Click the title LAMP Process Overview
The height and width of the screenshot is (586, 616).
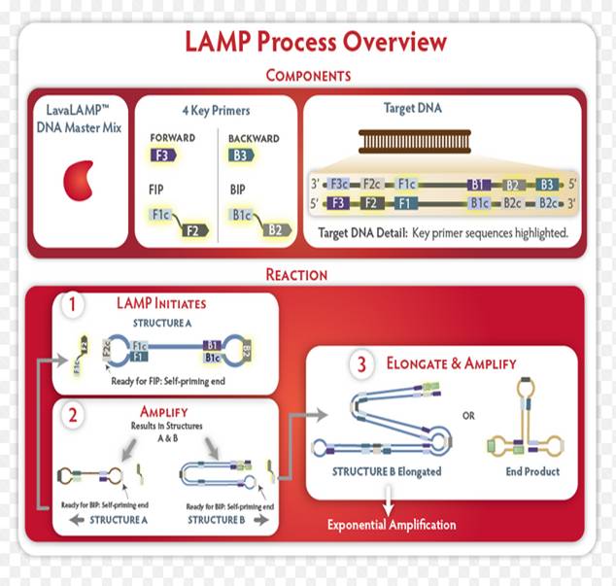click(316, 43)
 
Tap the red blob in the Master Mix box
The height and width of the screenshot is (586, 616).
click(78, 184)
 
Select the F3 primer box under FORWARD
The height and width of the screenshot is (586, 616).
click(160, 154)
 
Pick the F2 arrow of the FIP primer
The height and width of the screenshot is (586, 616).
click(192, 229)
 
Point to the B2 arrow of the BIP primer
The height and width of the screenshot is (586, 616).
click(274, 229)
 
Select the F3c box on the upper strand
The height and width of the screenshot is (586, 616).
click(339, 183)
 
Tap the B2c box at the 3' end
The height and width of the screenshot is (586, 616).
click(548, 203)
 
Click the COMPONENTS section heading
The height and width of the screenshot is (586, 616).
click(308, 76)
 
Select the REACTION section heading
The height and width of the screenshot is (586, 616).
click(308, 274)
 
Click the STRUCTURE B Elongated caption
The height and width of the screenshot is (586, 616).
click(387, 472)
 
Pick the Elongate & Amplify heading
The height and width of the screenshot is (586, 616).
click(451, 365)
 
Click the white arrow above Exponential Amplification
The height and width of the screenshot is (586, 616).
click(389, 503)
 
